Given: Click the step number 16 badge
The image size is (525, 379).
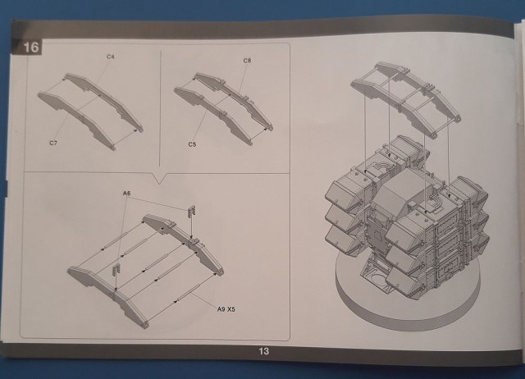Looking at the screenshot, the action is click(31, 48).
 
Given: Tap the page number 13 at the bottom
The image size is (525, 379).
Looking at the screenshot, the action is click(262, 351).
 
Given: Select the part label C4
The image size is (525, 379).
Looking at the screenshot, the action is click(111, 56).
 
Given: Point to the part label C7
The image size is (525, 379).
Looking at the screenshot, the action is click(52, 142).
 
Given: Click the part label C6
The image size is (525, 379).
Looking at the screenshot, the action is click(247, 61).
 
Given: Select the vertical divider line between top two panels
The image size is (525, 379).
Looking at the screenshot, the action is click(160, 107).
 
